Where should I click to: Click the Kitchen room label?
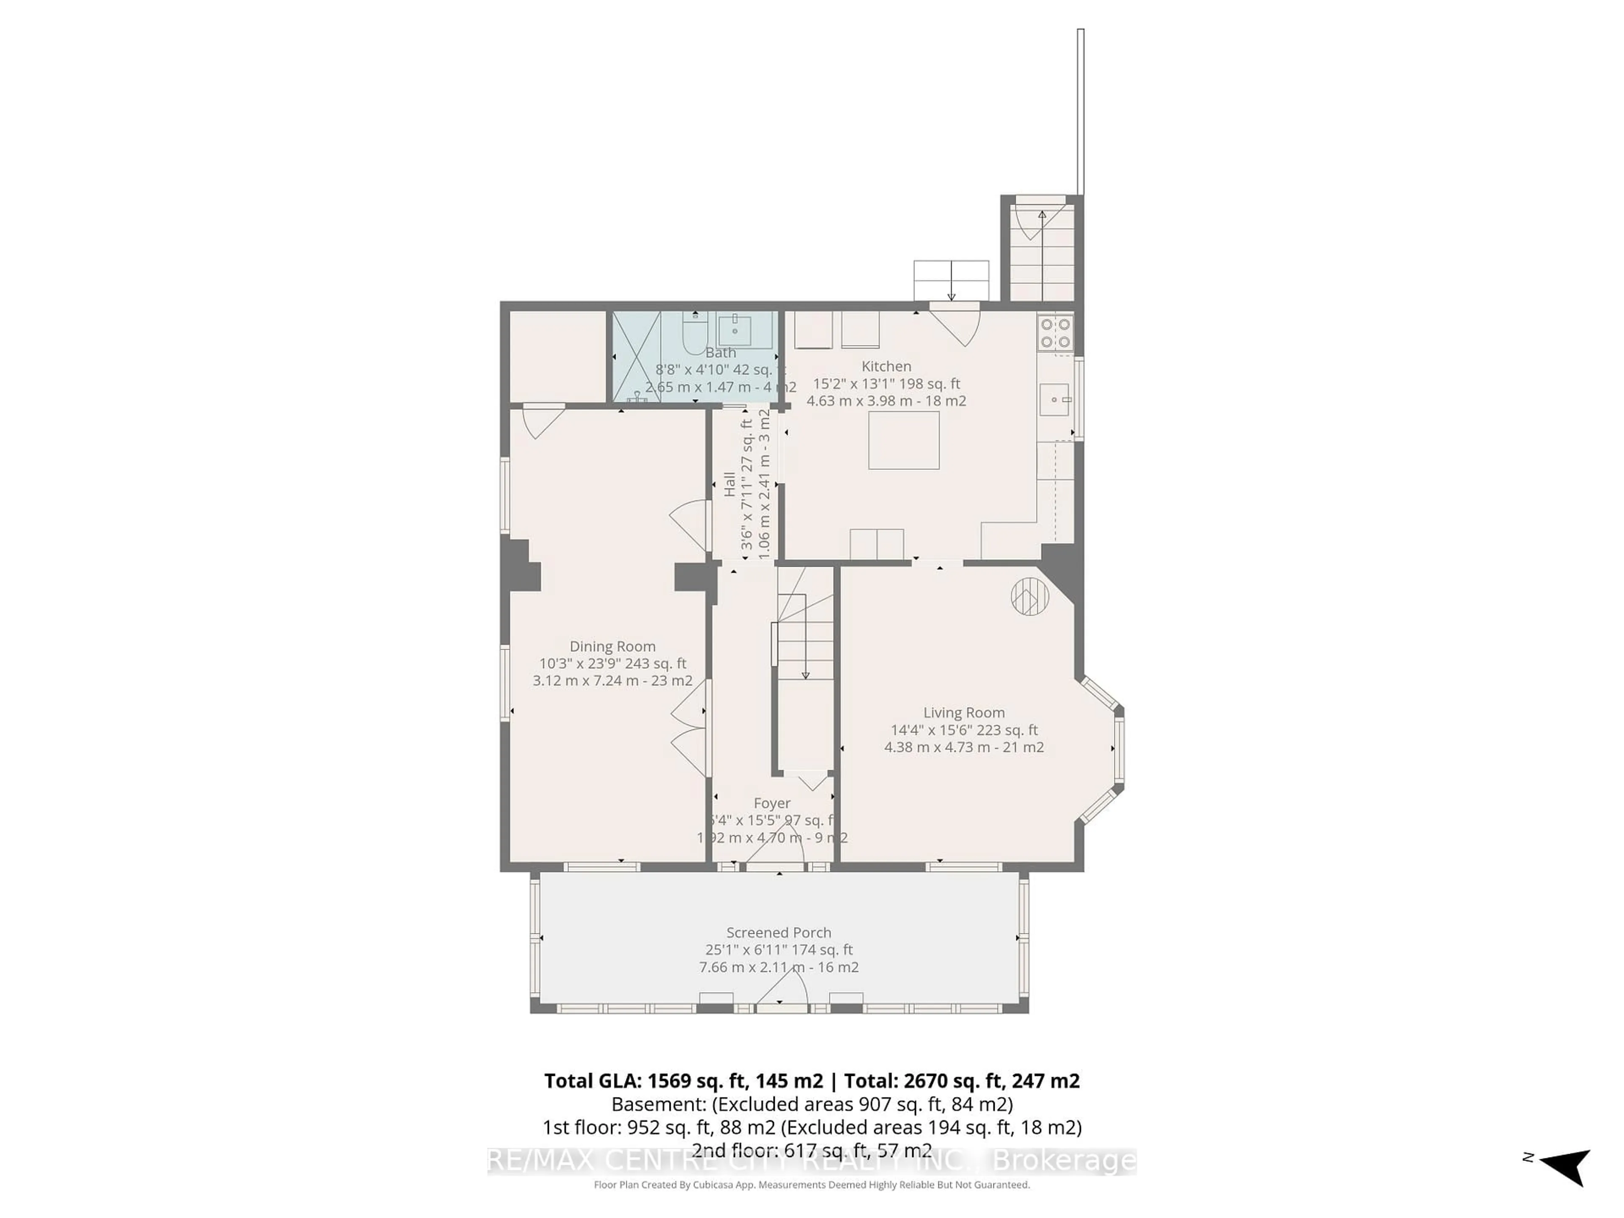tap(886, 366)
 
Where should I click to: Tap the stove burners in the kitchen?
tap(1055, 332)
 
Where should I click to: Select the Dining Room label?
tap(612, 646)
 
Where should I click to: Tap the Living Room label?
tap(963, 712)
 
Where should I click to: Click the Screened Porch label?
tap(778, 933)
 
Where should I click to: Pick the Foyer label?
tap(772, 803)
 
